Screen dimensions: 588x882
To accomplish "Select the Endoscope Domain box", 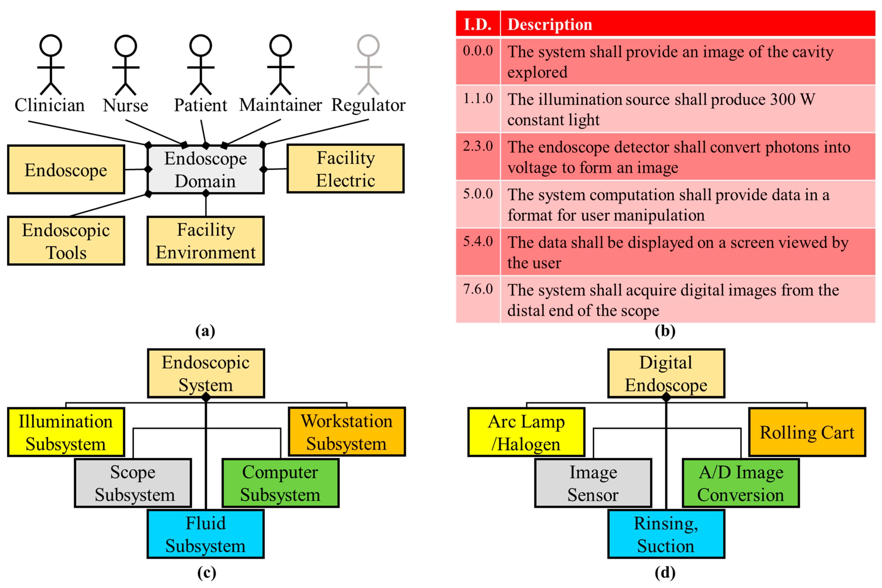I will [206, 169].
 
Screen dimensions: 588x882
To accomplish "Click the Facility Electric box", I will [345, 169].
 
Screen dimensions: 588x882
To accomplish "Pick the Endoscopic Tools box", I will [66, 241].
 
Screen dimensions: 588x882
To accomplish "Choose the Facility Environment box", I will [206, 241].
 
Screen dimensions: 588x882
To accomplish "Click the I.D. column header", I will [478, 24].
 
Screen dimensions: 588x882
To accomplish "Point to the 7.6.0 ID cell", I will [478, 289].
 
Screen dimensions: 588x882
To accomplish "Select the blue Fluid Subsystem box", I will [206, 534].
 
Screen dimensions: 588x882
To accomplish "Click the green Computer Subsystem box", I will [280, 483].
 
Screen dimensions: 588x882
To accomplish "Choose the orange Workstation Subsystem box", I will [347, 432].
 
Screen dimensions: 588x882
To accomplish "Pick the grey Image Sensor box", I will [593, 483].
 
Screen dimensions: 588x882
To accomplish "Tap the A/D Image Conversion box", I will [741, 483].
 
